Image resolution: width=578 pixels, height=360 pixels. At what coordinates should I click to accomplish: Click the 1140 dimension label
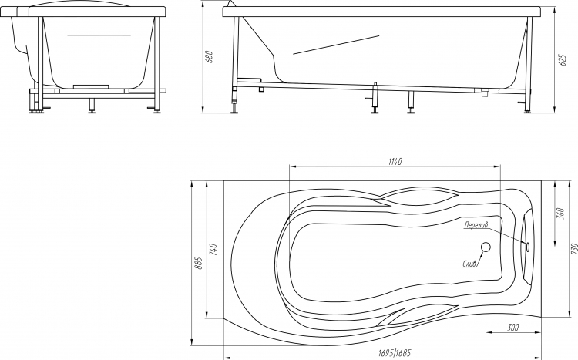[395, 162]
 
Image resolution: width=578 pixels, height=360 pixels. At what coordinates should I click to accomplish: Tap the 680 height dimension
[210, 57]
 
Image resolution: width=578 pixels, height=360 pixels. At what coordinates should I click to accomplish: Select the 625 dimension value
[563, 60]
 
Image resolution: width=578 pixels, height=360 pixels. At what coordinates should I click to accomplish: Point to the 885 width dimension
[197, 263]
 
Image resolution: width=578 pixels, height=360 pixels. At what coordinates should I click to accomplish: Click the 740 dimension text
[213, 250]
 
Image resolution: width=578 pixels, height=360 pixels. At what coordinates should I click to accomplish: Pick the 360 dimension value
[561, 214]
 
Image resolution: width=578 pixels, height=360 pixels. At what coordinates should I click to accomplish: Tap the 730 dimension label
[573, 249]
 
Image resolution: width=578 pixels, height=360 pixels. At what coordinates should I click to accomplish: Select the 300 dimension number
[512, 327]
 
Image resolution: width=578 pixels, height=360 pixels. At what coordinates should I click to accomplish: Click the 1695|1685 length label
[395, 353]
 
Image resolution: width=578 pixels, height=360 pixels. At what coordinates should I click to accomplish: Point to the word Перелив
[476, 224]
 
